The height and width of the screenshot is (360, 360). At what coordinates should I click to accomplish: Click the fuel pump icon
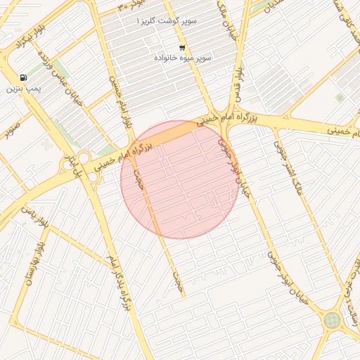tap(25, 77)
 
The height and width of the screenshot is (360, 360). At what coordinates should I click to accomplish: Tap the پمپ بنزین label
tap(25, 89)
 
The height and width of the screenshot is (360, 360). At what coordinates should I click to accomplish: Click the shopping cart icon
tap(182, 47)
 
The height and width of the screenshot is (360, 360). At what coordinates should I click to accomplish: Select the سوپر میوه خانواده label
tap(183, 57)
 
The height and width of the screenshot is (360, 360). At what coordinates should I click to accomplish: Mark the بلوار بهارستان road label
tap(34, 264)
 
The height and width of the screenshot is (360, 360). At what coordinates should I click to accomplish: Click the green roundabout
tap(332, 320)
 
